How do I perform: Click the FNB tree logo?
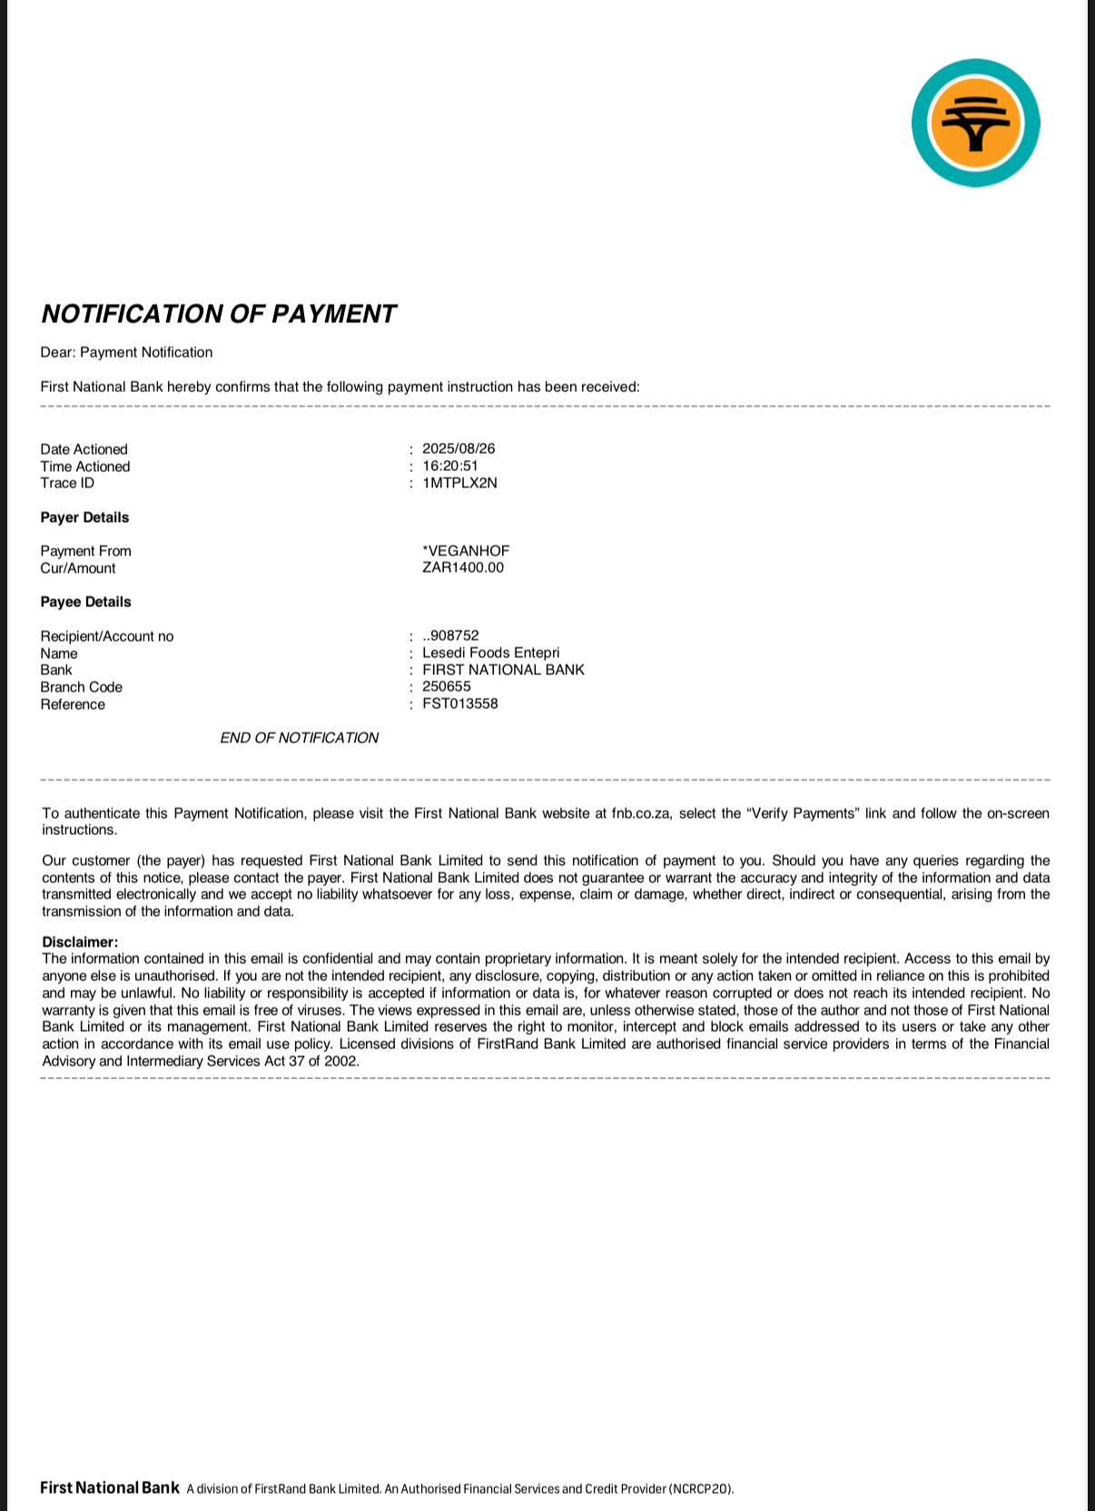point(975,123)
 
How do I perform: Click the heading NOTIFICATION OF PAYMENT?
point(218,314)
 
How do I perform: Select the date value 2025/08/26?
point(459,449)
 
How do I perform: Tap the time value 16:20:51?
point(450,466)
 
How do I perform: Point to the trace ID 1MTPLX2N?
point(459,483)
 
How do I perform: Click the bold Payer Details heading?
point(84,517)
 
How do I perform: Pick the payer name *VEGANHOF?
point(466,551)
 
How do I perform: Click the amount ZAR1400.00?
point(463,568)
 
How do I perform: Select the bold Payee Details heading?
point(85,602)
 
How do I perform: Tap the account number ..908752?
point(450,636)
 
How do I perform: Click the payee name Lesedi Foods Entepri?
point(490,653)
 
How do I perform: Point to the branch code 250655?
point(447,687)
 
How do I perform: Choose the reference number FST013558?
point(460,704)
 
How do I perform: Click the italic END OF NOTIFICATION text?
point(299,738)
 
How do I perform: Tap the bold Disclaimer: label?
point(80,942)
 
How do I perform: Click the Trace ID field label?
point(67,483)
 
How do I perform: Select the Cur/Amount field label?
point(78,568)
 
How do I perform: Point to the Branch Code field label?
point(81,687)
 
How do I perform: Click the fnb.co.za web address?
point(641,813)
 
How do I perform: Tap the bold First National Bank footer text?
point(110,1487)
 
